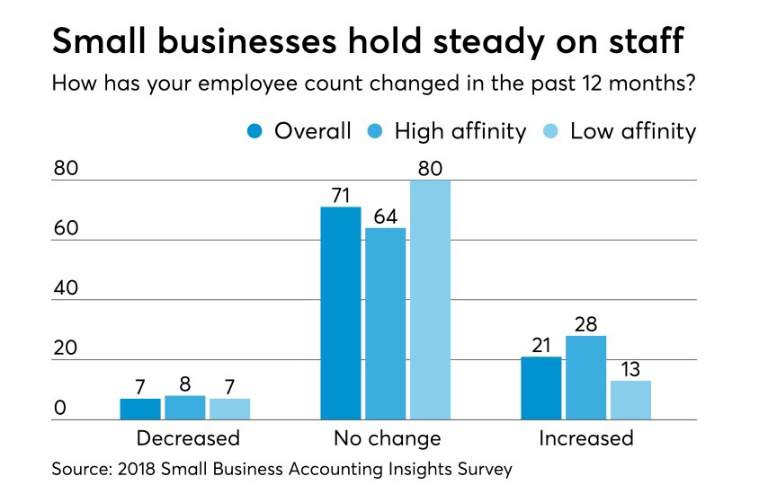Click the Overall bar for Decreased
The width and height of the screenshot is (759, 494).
point(140,410)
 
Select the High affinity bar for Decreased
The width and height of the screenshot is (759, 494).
point(184,408)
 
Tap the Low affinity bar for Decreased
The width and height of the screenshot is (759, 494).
point(229,410)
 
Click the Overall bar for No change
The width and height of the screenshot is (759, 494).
point(341,313)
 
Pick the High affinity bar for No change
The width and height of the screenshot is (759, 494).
point(385,324)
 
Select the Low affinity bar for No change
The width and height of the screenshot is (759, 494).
point(430,300)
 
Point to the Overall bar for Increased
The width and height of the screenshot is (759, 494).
point(541,388)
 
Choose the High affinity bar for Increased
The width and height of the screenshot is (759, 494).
point(585,378)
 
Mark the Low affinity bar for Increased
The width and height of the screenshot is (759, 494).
point(630,401)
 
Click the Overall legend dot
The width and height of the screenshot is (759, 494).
point(255,132)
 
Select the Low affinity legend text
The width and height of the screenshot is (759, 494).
point(633,131)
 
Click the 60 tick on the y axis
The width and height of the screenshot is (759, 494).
point(66,229)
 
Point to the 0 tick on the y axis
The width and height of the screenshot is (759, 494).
point(60,409)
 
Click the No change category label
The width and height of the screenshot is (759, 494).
point(387,438)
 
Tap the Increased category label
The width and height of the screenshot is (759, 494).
point(585,438)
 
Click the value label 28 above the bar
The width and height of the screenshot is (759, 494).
point(585,324)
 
